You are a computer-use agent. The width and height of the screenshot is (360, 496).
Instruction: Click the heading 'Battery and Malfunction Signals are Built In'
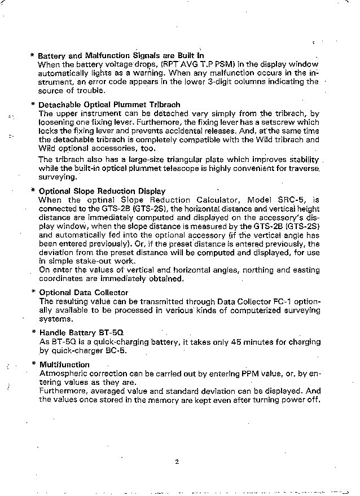tap(121, 56)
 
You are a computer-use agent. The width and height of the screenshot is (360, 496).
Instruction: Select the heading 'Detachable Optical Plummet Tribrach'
tap(109, 104)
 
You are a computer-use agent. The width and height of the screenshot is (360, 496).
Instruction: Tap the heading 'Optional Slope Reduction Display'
tap(102, 191)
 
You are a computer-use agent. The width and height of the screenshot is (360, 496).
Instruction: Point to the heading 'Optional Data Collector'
tap(84, 292)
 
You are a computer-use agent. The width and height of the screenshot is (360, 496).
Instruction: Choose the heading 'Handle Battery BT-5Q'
tap(81, 333)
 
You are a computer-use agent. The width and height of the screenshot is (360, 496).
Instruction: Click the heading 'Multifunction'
tap(64, 365)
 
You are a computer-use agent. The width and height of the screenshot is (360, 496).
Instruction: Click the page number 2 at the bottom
tap(177, 462)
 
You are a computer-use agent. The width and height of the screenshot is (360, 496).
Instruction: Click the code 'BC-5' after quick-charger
tap(114, 350)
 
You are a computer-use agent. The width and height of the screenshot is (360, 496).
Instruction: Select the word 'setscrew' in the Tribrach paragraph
tap(282, 122)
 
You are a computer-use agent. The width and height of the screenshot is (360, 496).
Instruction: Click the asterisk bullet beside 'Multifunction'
tap(33, 365)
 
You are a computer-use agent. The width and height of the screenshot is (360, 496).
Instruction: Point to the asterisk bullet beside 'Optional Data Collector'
tap(33, 292)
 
